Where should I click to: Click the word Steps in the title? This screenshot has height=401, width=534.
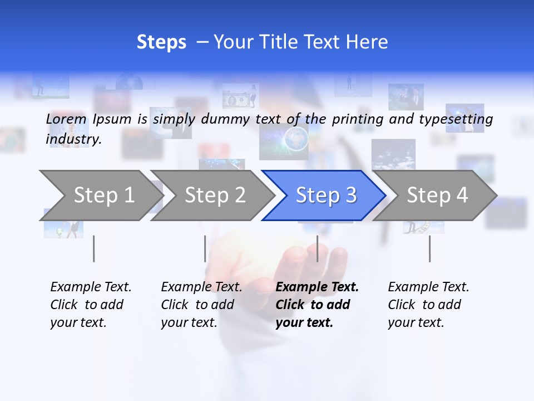(161, 42)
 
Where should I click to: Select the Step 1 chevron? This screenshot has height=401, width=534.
(100, 195)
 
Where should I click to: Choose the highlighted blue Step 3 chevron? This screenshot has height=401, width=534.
(325, 195)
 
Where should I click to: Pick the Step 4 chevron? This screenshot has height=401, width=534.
(437, 195)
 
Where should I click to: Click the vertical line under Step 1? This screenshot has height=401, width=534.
(94, 248)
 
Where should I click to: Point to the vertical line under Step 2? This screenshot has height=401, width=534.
(205, 248)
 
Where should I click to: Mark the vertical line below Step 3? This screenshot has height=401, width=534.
(318, 248)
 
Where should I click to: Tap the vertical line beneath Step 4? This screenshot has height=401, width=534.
(429, 248)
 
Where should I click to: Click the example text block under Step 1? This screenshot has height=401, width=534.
(91, 305)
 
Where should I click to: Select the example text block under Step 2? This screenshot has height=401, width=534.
(201, 305)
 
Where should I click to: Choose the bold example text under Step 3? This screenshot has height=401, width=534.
(317, 305)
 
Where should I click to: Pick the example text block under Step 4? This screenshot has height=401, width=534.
(428, 305)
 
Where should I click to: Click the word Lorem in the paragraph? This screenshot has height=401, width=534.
(66, 119)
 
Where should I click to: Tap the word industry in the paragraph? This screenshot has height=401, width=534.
(73, 139)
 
